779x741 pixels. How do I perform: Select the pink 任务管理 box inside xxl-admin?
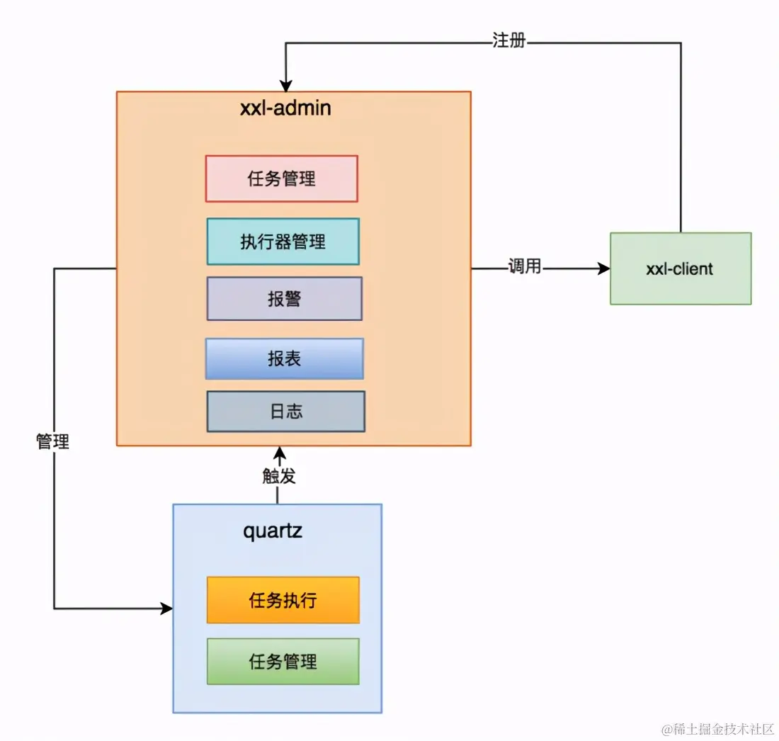pos(282,179)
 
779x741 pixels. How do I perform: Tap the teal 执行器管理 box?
pos(283,242)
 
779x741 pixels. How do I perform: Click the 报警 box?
pos(284,299)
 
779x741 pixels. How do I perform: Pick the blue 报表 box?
pos(284,359)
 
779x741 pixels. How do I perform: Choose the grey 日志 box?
pos(285,412)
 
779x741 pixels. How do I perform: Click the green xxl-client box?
pos(680,269)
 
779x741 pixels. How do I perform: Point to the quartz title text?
pos(273,531)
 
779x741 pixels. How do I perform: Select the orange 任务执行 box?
pos(283,601)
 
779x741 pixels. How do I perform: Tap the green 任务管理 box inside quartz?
pos(283,662)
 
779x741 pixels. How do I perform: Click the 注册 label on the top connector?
pos(508,41)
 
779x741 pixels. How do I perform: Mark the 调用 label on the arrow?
pos(524,267)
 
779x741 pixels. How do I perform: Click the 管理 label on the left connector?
pos(53,442)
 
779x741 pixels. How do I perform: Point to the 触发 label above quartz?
pos(278,476)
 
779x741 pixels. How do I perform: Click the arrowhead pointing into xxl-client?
pos(604,268)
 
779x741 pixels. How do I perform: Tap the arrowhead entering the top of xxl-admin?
pos(285,86)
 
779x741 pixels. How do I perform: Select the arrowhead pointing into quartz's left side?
pos(167,609)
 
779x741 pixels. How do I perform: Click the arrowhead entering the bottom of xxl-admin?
pos(280,452)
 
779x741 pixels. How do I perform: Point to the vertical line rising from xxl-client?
pos(681,142)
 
